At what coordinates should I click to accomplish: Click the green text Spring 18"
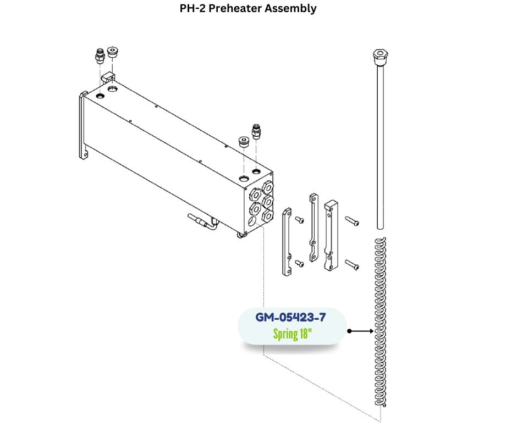point(291,334)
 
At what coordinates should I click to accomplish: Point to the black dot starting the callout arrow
point(349,331)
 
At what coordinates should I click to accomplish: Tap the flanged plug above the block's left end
point(113,53)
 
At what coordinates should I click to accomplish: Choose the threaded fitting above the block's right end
point(255,131)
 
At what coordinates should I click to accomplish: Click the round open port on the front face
point(252,221)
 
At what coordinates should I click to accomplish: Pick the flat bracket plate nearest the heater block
point(286,241)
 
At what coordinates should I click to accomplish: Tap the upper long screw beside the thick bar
point(352,221)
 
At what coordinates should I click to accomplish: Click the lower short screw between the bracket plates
point(299,264)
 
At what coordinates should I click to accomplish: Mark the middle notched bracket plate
point(313,227)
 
